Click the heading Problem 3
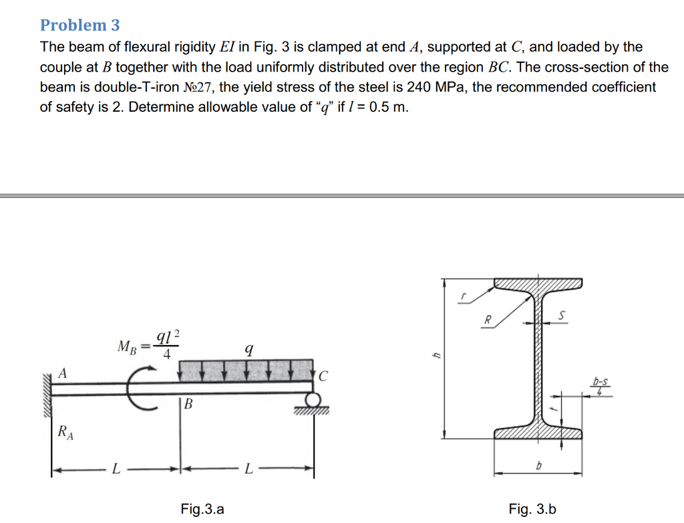coord(80,25)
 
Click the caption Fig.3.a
coord(202,510)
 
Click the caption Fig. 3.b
coord(532,510)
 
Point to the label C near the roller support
coord(324,376)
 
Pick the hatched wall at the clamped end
coord(47,395)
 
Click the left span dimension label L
coord(116,470)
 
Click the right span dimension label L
coord(248,470)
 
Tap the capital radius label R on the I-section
coord(488,319)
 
